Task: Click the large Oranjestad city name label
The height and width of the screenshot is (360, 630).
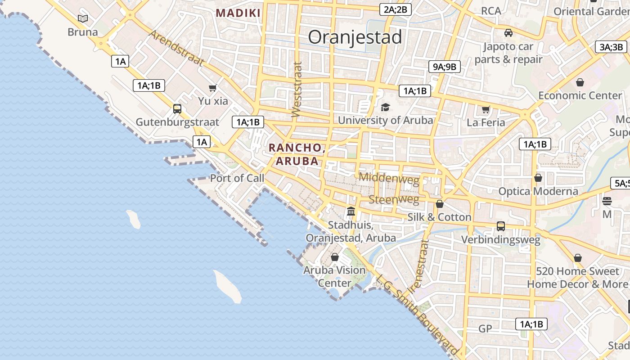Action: coord(355,37)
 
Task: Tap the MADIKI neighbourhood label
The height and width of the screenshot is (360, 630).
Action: coord(238,13)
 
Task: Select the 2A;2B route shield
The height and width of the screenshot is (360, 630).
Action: coord(396,9)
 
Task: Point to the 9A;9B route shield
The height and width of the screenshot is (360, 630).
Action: coord(444,67)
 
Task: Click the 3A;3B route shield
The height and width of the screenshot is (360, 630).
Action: coord(611,47)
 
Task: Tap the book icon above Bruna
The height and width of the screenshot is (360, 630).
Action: coord(82,18)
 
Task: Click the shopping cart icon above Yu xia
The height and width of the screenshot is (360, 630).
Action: coord(213,88)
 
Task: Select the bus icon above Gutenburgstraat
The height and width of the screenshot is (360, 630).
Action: coord(177,108)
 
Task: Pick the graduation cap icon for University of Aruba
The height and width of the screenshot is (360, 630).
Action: coord(385,107)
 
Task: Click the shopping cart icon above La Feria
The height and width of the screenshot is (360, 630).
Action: coord(486,109)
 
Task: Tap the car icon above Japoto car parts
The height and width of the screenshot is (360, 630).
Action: coord(508,33)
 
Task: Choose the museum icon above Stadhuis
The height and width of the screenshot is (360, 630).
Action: coord(351,211)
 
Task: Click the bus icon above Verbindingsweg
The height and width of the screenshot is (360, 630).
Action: coord(501,226)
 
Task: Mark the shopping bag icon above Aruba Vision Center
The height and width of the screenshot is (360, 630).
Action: coord(335,257)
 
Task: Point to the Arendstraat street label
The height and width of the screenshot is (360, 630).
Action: coord(176,48)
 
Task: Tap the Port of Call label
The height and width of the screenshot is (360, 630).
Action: coord(237,178)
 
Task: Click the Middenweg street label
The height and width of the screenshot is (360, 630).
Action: coord(389,178)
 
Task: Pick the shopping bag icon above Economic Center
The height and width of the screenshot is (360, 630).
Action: coord(580,82)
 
